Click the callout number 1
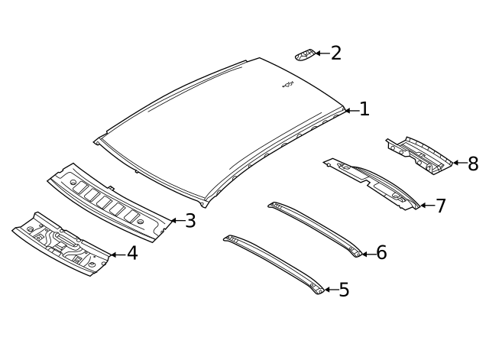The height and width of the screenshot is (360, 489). (364, 109)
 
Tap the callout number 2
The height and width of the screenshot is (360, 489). (336, 53)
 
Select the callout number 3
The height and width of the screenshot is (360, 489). (190, 221)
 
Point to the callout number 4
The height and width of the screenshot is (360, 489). (132, 253)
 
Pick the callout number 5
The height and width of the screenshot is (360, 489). (344, 290)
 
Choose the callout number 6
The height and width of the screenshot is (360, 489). (381, 252)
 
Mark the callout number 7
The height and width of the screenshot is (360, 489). (441, 206)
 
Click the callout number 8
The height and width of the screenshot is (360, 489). (473, 164)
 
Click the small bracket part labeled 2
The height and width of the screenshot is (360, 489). (305, 55)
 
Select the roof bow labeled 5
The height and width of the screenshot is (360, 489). (274, 264)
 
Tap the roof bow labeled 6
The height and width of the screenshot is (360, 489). (315, 229)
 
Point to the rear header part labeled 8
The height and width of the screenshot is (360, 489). (419, 155)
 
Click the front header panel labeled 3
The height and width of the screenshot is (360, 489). (109, 203)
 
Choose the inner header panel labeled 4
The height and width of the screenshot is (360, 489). (61, 244)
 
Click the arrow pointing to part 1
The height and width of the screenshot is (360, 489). (352, 110)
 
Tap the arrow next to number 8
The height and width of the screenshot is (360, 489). (460, 163)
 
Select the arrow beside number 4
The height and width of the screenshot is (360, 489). (118, 255)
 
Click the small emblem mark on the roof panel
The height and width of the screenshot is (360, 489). (288, 85)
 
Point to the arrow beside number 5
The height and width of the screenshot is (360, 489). (332, 290)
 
